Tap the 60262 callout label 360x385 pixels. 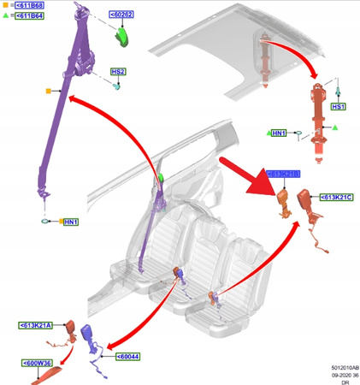pos(121,15)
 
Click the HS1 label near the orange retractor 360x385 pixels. pos(339,107)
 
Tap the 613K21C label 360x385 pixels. pos(336,198)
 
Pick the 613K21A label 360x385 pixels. pos(35,325)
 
